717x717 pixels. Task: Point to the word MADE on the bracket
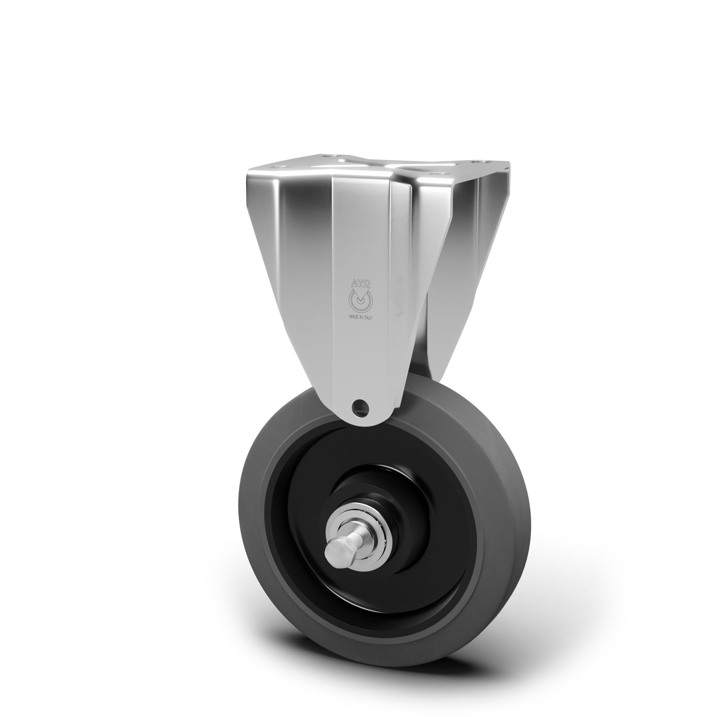pyautogui.click(x=354, y=318)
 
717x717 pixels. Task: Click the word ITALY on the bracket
pyautogui.click(x=368, y=318)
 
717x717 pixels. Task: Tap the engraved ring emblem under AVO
pyautogui.click(x=360, y=298)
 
